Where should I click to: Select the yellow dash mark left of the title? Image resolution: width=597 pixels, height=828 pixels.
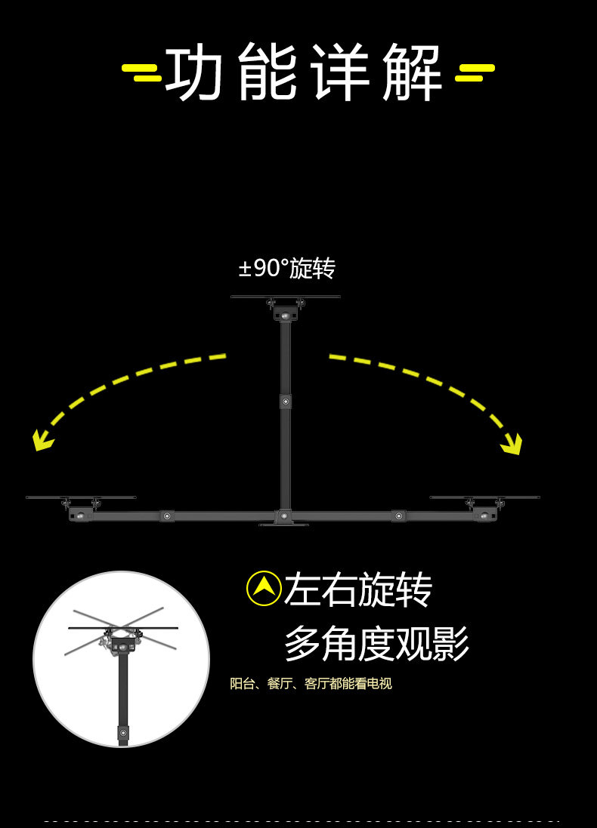[x=141, y=72]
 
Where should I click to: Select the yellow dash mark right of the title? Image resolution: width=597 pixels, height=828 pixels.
[x=475, y=72]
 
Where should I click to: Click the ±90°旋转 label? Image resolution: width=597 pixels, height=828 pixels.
[x=286, y=268]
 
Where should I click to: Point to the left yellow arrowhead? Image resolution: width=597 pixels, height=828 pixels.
[x=42, y=440]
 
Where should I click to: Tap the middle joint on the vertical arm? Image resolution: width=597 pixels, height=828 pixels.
[x=286, y=402]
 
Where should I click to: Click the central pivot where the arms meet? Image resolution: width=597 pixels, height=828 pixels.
[x=284, y=516]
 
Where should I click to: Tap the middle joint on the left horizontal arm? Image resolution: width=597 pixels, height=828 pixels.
[x=167, y=516]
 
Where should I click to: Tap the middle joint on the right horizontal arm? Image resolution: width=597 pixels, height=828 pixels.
[x=398, y=516]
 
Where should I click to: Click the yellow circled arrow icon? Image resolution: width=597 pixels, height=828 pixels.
[x=264, y=588]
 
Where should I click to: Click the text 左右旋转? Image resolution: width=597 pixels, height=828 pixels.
[x=357, y=589]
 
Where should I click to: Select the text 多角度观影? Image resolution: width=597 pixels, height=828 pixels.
[x=376, y=644]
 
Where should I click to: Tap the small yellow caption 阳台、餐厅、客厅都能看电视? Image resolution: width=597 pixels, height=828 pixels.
[x=311, y=684]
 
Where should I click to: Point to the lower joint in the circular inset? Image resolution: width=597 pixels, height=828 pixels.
[x=123, y=732]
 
